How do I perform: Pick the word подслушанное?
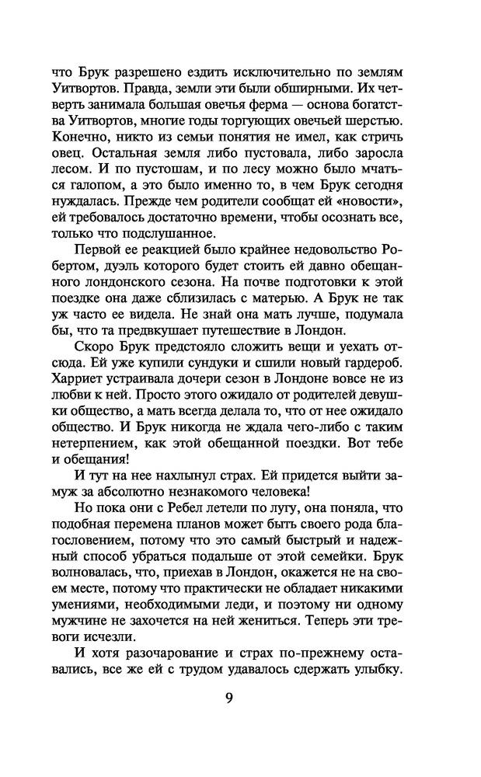click(x=176, y=234)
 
